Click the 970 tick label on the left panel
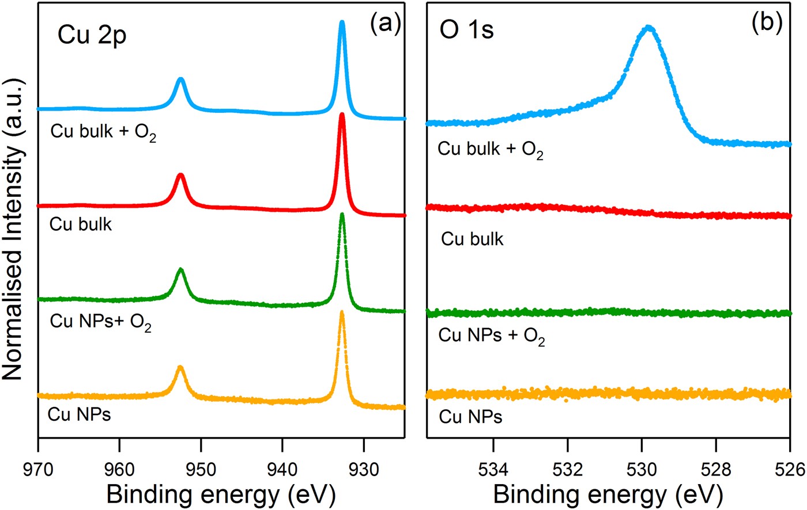[x=37, y=468]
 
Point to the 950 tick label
[x=201, y=468]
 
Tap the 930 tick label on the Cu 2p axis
[x=363, y=468]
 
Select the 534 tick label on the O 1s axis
[x=493, y=468]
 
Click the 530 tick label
[x=642, y=468]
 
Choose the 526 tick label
[x=789, y=468]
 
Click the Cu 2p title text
[x=92, y=36]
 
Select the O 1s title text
[x=467, y=31]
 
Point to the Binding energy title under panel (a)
[x=221, y=494]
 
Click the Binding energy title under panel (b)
[x=608, y=494]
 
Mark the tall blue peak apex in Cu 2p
[x=342, y=23]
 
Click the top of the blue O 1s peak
[x=649, y=27]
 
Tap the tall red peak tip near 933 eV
[x=342, y=115]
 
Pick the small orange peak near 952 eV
[x=180, y=367]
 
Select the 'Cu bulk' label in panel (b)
[x=472, y=238]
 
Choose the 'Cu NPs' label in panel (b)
[x=470, y=417]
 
